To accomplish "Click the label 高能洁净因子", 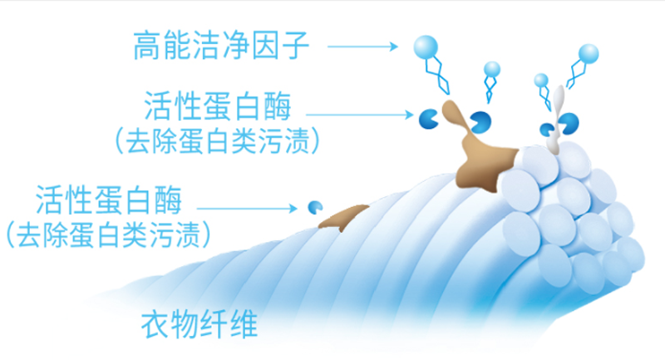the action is pos(221,46).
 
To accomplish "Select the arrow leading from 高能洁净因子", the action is pos(362,47).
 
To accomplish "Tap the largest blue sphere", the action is pos(426,47).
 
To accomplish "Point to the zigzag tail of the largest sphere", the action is pos(437,76).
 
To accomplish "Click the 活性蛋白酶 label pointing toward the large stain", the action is pos(218,106).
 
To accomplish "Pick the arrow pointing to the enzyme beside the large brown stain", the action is pos(360,115).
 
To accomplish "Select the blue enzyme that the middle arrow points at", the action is pos(428,119).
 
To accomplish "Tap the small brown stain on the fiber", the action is pos(342,216).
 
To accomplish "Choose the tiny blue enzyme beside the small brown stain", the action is pos(315,207).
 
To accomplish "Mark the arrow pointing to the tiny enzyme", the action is pos(247,208).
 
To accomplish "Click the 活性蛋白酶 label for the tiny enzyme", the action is pos(109,200).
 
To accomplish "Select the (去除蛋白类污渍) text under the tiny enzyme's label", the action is pos(109,234).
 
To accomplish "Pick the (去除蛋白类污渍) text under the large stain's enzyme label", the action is pos(217,141).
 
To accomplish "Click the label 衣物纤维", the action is pos(199,325).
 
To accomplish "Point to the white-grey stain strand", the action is pos(555,121).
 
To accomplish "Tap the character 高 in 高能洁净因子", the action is pos(148,46).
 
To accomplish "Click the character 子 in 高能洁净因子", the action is pos(296,46).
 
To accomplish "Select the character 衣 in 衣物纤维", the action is pos(155,325).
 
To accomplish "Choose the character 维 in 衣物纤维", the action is pos(244,325).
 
